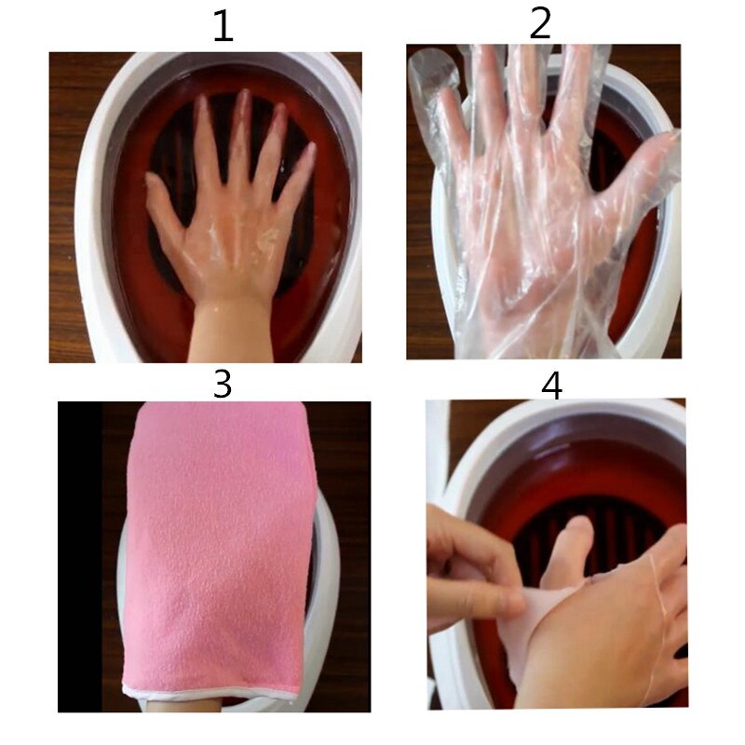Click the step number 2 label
tap(541, 23)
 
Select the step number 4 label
tap(552, 384)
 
